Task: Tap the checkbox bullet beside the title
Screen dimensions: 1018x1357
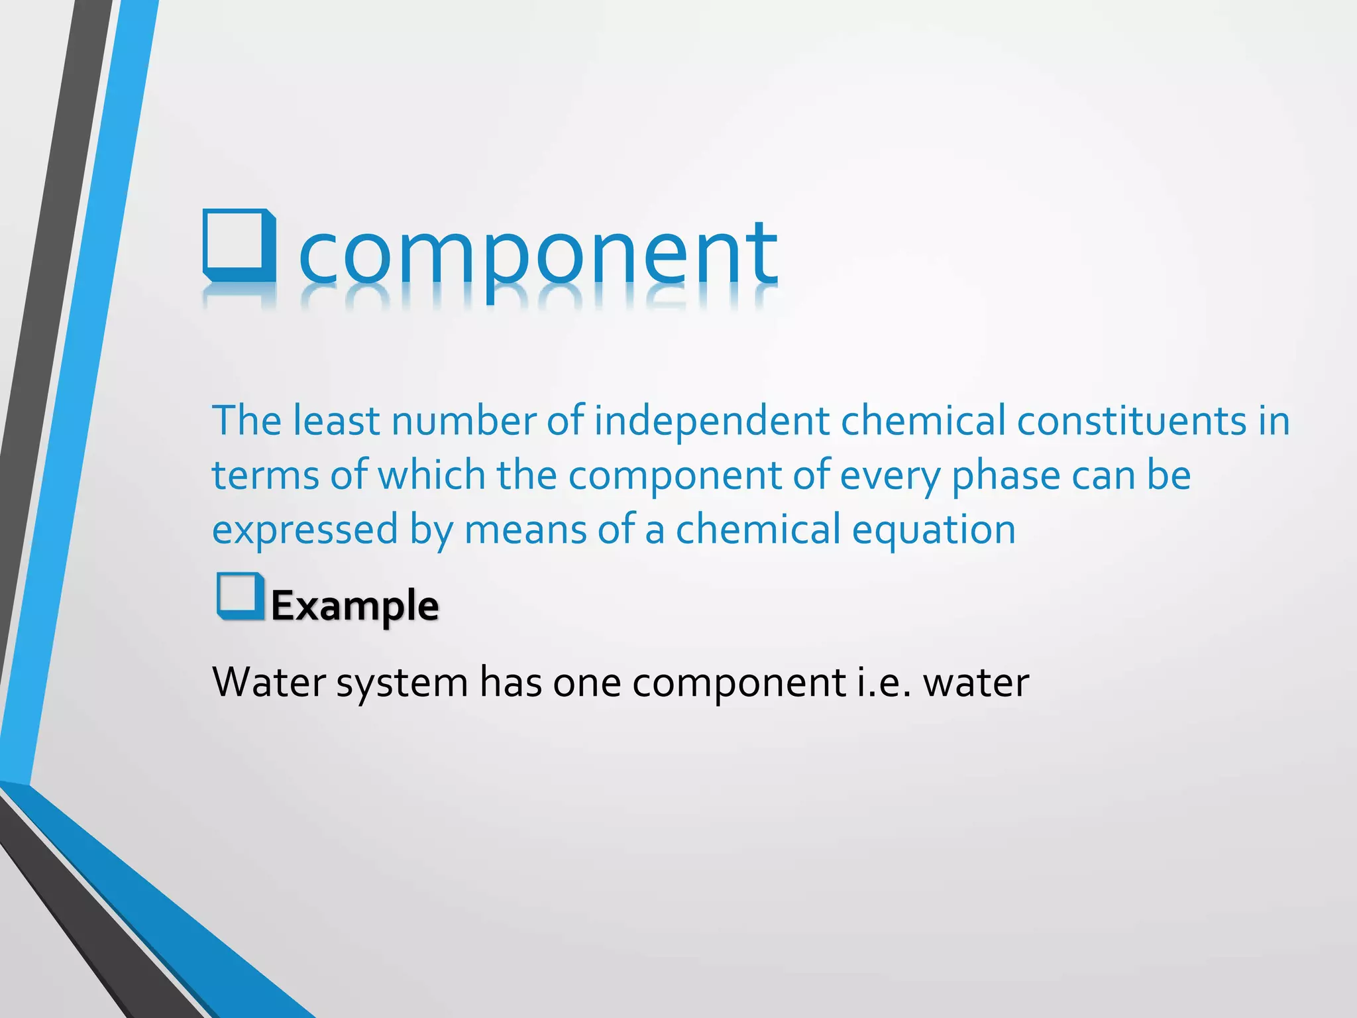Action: tap(239, 245)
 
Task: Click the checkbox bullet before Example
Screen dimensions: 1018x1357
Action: tap(240, 596)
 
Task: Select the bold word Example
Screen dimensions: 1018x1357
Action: tap(354, 605)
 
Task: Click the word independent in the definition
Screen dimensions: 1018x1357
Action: tap(711, 421)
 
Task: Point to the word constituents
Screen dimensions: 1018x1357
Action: tap(1131, 421)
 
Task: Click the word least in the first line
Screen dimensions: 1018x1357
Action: tap(336, 421)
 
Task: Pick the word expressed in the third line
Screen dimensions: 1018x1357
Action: tap(304, 530)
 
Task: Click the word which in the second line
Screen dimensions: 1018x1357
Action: tap(431, 475)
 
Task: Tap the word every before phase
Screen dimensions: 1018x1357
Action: tap(889, 477)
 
